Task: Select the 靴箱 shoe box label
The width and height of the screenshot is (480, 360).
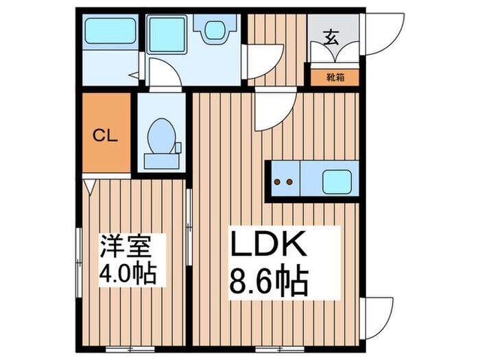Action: [335, 77]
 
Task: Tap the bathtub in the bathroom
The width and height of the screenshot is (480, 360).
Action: [109, 31]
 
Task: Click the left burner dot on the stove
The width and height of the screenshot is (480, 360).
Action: [278, 182]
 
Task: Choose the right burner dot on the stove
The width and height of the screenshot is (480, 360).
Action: [290, 182]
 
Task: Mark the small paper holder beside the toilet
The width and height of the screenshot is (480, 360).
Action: [178, 147]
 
